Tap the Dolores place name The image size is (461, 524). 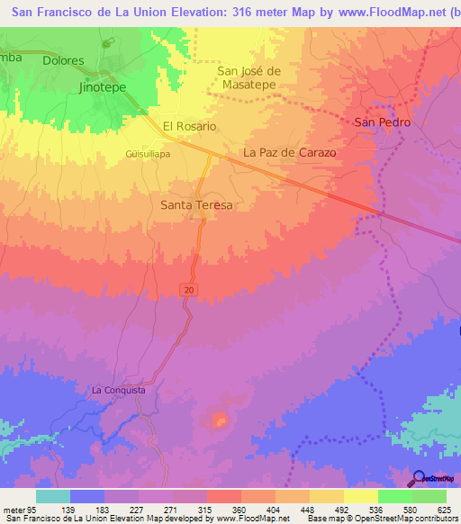click(x=61, y=61)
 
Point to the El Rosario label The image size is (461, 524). click(x=189, y=126)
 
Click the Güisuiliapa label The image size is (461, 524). click(x=148, y=153)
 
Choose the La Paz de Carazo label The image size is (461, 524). click(x=290, y=153)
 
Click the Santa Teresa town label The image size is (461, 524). click(x=196, y=205)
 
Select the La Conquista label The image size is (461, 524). click(x=118, y=391)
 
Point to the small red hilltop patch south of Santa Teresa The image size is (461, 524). click(x=218, y=419)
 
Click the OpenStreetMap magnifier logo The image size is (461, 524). click(x=417, y=480)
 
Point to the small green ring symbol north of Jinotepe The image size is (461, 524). click(x=106, y=43)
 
